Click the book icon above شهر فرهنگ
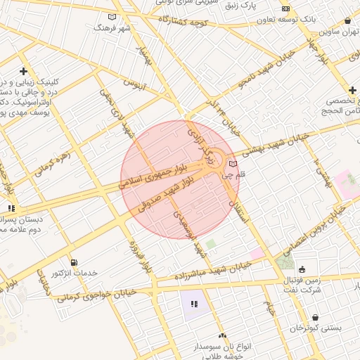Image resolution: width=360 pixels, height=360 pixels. (x=112, y=17)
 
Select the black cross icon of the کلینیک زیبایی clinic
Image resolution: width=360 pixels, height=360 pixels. (x=24, y=71)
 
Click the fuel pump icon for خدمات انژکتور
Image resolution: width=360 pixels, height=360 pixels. (x=75, y=262)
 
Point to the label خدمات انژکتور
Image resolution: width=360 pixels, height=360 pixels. (x=75, y=273)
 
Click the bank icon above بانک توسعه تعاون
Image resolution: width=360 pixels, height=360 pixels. (x=285, y=8)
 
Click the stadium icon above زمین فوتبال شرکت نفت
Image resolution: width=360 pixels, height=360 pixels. (x=302, y=269)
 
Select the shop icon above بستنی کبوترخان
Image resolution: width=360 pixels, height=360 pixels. (x=314, y=317)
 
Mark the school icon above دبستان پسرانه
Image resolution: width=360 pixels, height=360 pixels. (x=11, y=208)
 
